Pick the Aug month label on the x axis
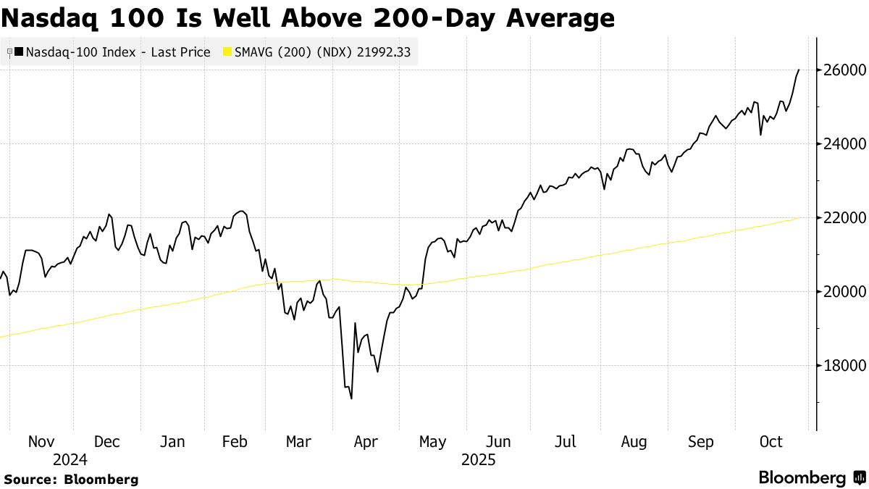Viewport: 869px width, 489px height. pos(634,442)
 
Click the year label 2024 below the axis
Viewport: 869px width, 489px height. pos(70,459)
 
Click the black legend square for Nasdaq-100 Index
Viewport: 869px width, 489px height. pos(18,52)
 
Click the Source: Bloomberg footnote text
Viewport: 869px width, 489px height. pos(71,479)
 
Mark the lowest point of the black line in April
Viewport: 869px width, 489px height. pos(351,398)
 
